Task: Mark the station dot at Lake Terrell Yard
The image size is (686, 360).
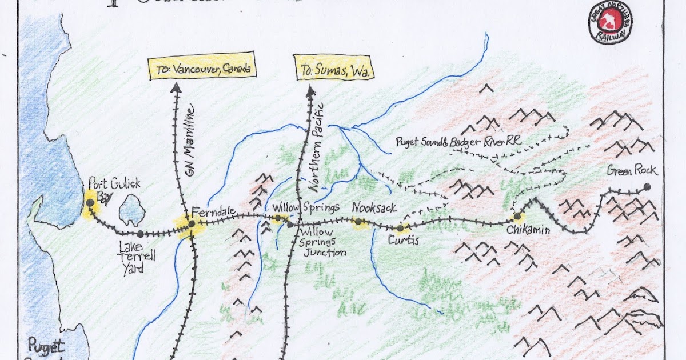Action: tap(140, 234)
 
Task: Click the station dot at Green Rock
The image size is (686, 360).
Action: tap(647, 186)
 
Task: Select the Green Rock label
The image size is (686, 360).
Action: tap(632, 170)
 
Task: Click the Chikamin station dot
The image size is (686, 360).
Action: tap(517, 217)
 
